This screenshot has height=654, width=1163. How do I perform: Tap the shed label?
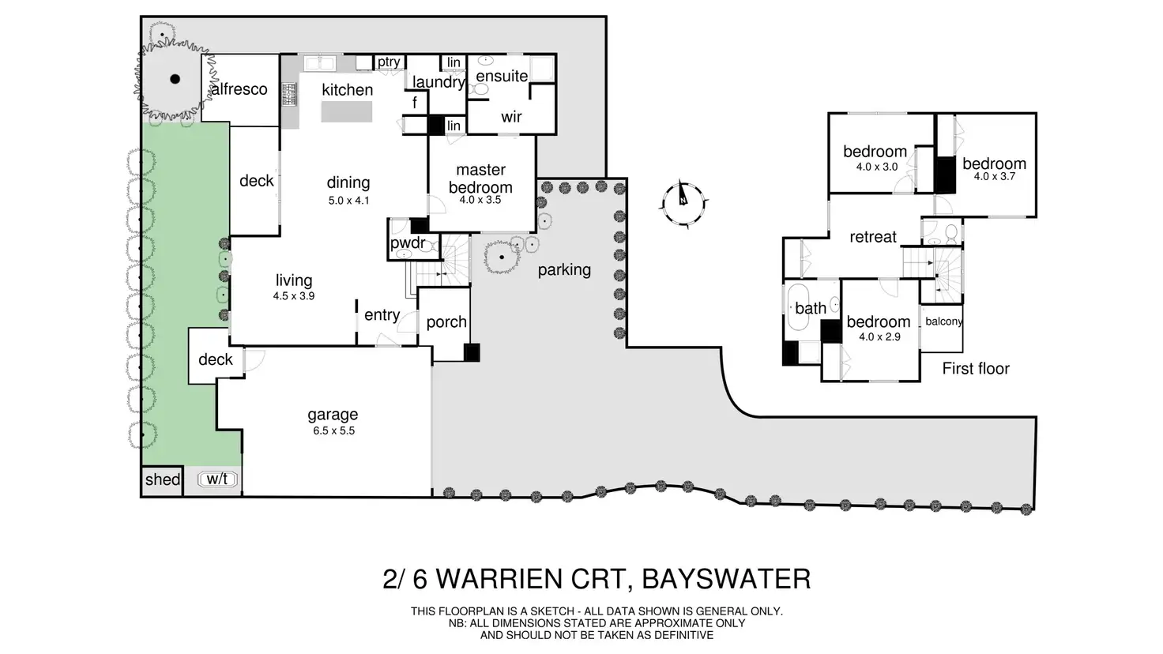[x=163, y=479]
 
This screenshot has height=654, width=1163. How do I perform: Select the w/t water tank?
[x=217, y=479]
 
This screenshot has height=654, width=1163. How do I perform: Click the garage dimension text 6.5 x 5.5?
[x=333, y=430]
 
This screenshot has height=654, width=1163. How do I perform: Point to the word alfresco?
[x=239, y=89]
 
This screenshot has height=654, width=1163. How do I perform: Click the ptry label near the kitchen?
[x=388, y=62]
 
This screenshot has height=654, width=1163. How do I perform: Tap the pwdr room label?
[x=408, y=242]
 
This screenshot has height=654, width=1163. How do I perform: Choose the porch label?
[x=446, y=322]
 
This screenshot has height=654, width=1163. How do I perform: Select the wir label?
[x=511, y=117]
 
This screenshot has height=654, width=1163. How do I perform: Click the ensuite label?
[x=502, y=76]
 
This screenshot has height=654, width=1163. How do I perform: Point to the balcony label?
[x=943, y=321]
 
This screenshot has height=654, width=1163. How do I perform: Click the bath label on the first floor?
[x=811, y=308]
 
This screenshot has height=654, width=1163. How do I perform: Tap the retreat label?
[x=873, y=237]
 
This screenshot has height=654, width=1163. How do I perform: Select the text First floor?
[x=976, y=368]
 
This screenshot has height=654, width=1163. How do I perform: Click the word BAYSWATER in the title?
[x=726, y=579]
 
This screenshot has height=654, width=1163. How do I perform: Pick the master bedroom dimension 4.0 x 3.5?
[x=480, y=201]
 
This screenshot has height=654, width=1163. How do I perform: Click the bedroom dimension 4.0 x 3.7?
[x=994, y=177]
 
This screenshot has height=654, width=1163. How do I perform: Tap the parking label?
[x=564, y=270]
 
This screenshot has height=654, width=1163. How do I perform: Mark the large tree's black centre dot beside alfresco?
[x=175, y=78]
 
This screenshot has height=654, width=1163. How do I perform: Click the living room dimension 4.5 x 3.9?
[x=294, y=296]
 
